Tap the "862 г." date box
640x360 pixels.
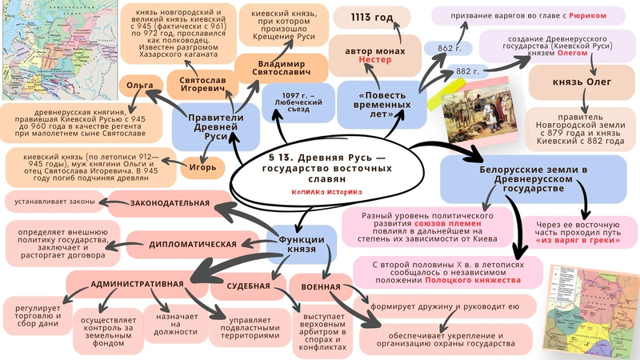[x=445, y=48]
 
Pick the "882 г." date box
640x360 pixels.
[x=463, y=72]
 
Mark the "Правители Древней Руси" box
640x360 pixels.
[x=204, y=128]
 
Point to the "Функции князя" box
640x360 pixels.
[x=300, y=246]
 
